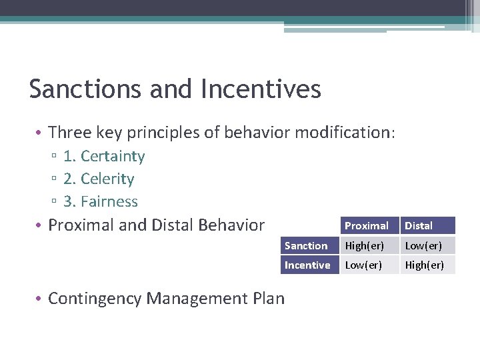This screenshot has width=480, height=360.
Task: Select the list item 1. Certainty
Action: tap(103, 156)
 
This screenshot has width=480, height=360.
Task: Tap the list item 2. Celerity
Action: tap(99, 179)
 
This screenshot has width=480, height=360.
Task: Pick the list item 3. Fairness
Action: tap(100, 201)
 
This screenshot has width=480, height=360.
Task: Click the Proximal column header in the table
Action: tap(366, 226)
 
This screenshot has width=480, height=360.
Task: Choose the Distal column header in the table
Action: tap(419, 226)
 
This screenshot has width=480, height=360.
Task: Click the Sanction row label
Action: tap(306, 245)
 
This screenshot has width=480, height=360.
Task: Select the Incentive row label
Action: tap(307, 265)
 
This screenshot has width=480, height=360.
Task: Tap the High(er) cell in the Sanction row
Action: tap(363, 245)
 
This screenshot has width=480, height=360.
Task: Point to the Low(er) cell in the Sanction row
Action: tap(423, 245)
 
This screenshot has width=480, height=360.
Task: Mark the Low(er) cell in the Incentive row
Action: tap(363, 265)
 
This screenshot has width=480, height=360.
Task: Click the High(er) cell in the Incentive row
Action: tap(425, 265)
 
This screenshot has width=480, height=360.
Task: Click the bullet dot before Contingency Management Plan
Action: tap(41, 299)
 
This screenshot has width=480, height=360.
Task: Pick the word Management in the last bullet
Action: tap(197, 299)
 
